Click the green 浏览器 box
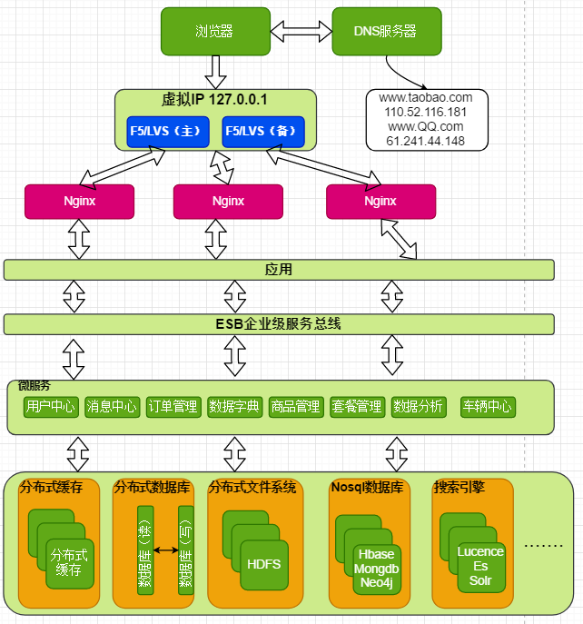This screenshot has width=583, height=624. (215, 31)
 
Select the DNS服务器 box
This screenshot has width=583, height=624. (386, 31)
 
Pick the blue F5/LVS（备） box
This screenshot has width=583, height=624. (263, 132)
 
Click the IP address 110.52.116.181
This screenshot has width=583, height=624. (426, 112)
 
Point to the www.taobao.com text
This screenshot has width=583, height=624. (426, 97)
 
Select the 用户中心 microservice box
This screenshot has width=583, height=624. (52, 407)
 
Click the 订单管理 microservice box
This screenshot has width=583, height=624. (173, 407)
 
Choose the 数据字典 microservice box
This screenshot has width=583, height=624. (234, 407)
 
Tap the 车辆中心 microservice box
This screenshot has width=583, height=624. (488, 407)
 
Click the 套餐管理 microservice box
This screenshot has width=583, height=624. (357, 407)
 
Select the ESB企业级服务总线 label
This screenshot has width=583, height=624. (278, 324)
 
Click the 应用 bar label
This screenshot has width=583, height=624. (278, 270)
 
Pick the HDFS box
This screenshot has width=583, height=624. (264, 564)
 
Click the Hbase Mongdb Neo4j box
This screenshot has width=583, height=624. (376, 570)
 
